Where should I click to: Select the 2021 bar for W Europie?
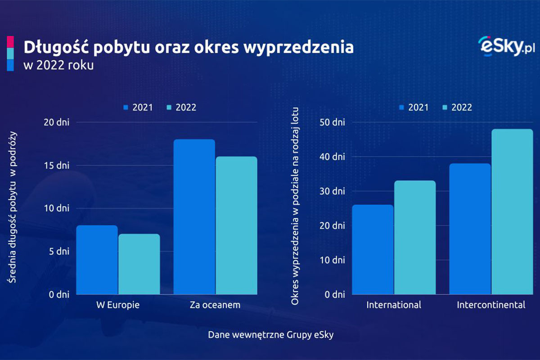[97, 260]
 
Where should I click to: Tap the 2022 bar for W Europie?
[139, 264]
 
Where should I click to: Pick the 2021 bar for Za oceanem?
[194, 217]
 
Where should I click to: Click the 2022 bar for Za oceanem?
[236, 225]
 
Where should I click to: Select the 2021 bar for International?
[373, 250]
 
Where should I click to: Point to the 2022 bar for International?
[415, 238]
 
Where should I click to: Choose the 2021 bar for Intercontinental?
[470, 229]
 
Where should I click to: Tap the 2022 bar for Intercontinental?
[512, 212]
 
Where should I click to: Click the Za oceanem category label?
[215, 305]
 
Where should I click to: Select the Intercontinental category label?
[491, 305]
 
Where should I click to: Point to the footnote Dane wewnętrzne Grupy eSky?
[270, 335]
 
